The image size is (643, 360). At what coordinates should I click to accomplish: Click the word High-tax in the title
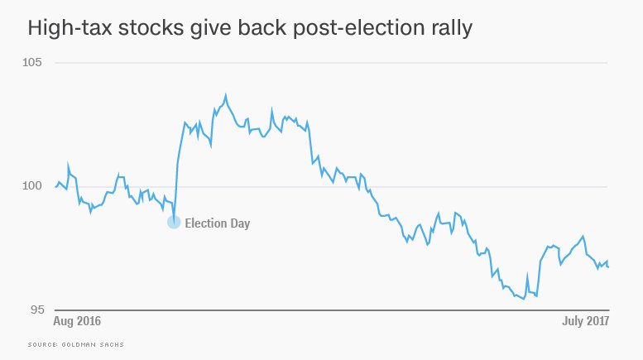pos(70,28)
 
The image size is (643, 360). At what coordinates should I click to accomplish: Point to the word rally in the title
pos(448,28)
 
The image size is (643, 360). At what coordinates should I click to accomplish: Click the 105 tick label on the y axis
pos(41,62)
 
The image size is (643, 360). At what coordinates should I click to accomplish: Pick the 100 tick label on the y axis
pos(41,186)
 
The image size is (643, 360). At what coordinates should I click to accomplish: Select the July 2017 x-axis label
pos(582,319)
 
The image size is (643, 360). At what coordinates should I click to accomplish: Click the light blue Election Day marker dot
pos(174,222)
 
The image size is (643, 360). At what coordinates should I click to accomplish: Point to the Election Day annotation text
pos(217,223)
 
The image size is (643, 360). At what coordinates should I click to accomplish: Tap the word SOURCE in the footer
pos(41,343)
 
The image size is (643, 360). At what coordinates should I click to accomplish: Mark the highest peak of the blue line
pos(226,95)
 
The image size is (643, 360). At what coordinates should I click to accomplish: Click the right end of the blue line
pos(609,266)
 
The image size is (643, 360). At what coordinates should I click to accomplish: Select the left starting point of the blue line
pos(55,187)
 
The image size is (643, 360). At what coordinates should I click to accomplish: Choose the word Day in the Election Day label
pos(239,223)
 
